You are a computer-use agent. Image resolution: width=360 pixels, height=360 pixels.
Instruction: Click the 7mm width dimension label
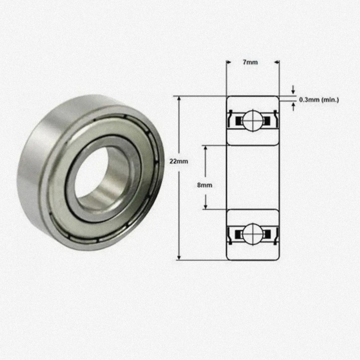(250, 62)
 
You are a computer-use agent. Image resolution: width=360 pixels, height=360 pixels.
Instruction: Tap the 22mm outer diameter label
(179, 161)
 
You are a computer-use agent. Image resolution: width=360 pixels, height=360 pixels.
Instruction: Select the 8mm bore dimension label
(205, 185)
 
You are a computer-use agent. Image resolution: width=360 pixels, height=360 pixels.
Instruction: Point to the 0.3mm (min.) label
(319, 100)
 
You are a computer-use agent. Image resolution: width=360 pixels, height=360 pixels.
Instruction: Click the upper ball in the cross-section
(253, 121)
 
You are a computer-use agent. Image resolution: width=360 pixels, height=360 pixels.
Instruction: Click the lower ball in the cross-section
(253, 234)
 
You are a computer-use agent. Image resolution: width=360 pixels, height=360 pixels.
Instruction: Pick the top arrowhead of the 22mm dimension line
(179, 99)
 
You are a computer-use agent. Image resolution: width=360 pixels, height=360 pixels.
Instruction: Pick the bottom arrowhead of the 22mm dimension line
(179, 257)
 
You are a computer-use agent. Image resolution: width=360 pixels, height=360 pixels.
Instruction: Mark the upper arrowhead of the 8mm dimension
(206, 148)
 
